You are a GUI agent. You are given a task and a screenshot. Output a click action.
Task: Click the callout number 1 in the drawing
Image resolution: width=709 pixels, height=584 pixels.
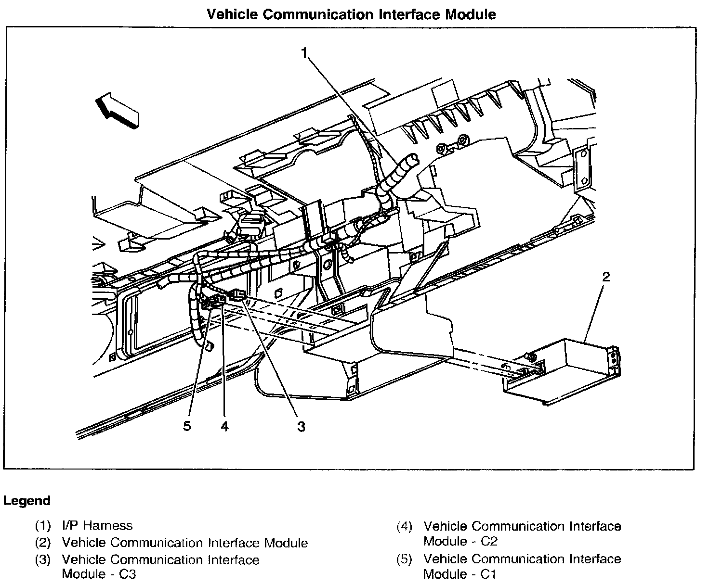pos(304,52)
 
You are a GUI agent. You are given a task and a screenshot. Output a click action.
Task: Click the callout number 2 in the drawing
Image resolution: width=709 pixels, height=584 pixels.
pos(606,277)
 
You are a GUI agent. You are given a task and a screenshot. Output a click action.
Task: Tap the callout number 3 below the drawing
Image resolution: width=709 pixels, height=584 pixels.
pos(301,426)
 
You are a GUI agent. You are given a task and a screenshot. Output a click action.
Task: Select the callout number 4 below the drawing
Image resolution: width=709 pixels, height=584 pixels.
pos(224,426)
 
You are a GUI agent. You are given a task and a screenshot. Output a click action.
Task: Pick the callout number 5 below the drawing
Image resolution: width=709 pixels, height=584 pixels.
pos(187,426)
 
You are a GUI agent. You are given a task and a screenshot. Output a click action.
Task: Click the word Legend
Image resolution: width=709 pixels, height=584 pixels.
pos(26,501)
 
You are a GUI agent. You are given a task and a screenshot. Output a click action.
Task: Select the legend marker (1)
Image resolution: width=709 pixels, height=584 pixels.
pos(43,525)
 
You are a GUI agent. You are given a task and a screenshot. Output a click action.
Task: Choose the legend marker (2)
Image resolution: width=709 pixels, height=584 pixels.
pos(43,543)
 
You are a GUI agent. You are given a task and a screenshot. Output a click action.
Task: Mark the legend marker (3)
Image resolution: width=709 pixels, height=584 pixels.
pos(43,560)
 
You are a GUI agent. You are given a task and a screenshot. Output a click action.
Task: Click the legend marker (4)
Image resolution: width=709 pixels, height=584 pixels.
pos(405,527)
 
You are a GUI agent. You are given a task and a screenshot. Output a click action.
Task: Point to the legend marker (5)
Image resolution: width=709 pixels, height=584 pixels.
pos(405,559)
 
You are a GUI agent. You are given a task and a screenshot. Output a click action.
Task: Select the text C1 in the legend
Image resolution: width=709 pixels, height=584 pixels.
pos(488,574)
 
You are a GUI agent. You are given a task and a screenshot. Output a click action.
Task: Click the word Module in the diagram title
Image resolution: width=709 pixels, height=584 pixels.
pos(470,14)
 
